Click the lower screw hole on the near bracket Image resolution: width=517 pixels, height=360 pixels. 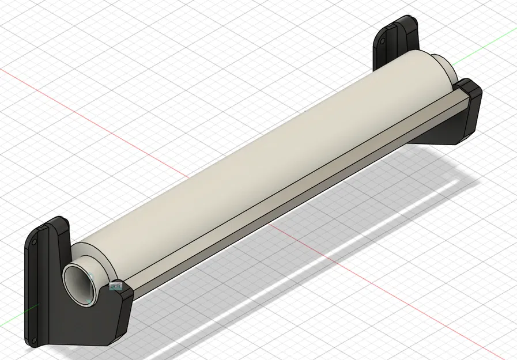click(x=34, y=340)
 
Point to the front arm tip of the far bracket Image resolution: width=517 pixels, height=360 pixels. click(x=471, y=92)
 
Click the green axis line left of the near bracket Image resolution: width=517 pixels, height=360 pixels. click(x=12, y=314)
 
